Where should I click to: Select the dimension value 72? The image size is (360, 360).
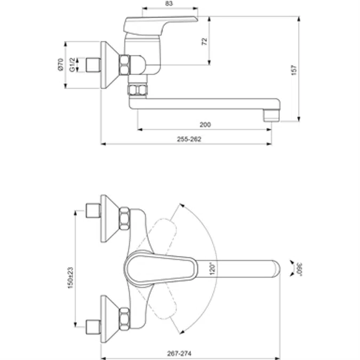pos(204,42)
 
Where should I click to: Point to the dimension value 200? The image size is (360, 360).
pos(205,125)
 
